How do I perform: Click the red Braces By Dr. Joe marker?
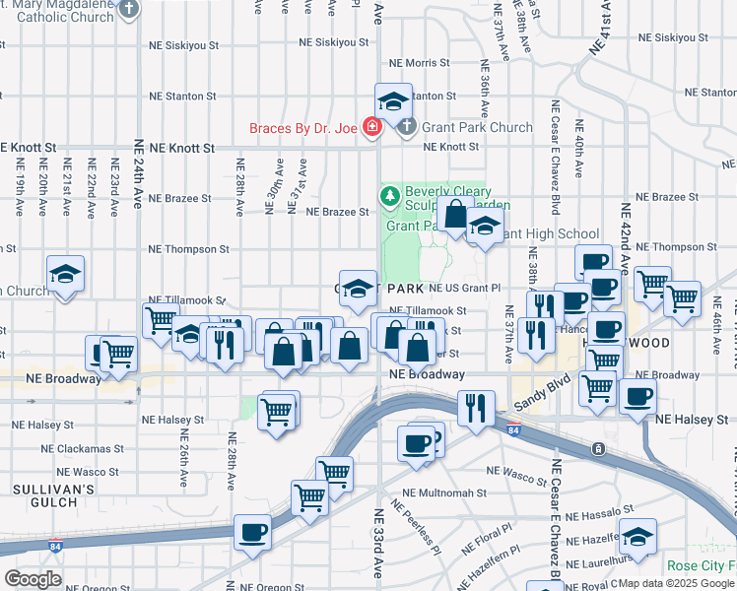(371, 126)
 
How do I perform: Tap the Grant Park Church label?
(477, 127)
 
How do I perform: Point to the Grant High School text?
(552, 233)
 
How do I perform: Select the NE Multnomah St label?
(444, 492)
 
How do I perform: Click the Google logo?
(33, 578)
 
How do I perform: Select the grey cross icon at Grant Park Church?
(406, 127)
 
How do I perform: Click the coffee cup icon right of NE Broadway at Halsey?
(637, 397)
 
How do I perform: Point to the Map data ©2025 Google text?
(675, 583)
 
